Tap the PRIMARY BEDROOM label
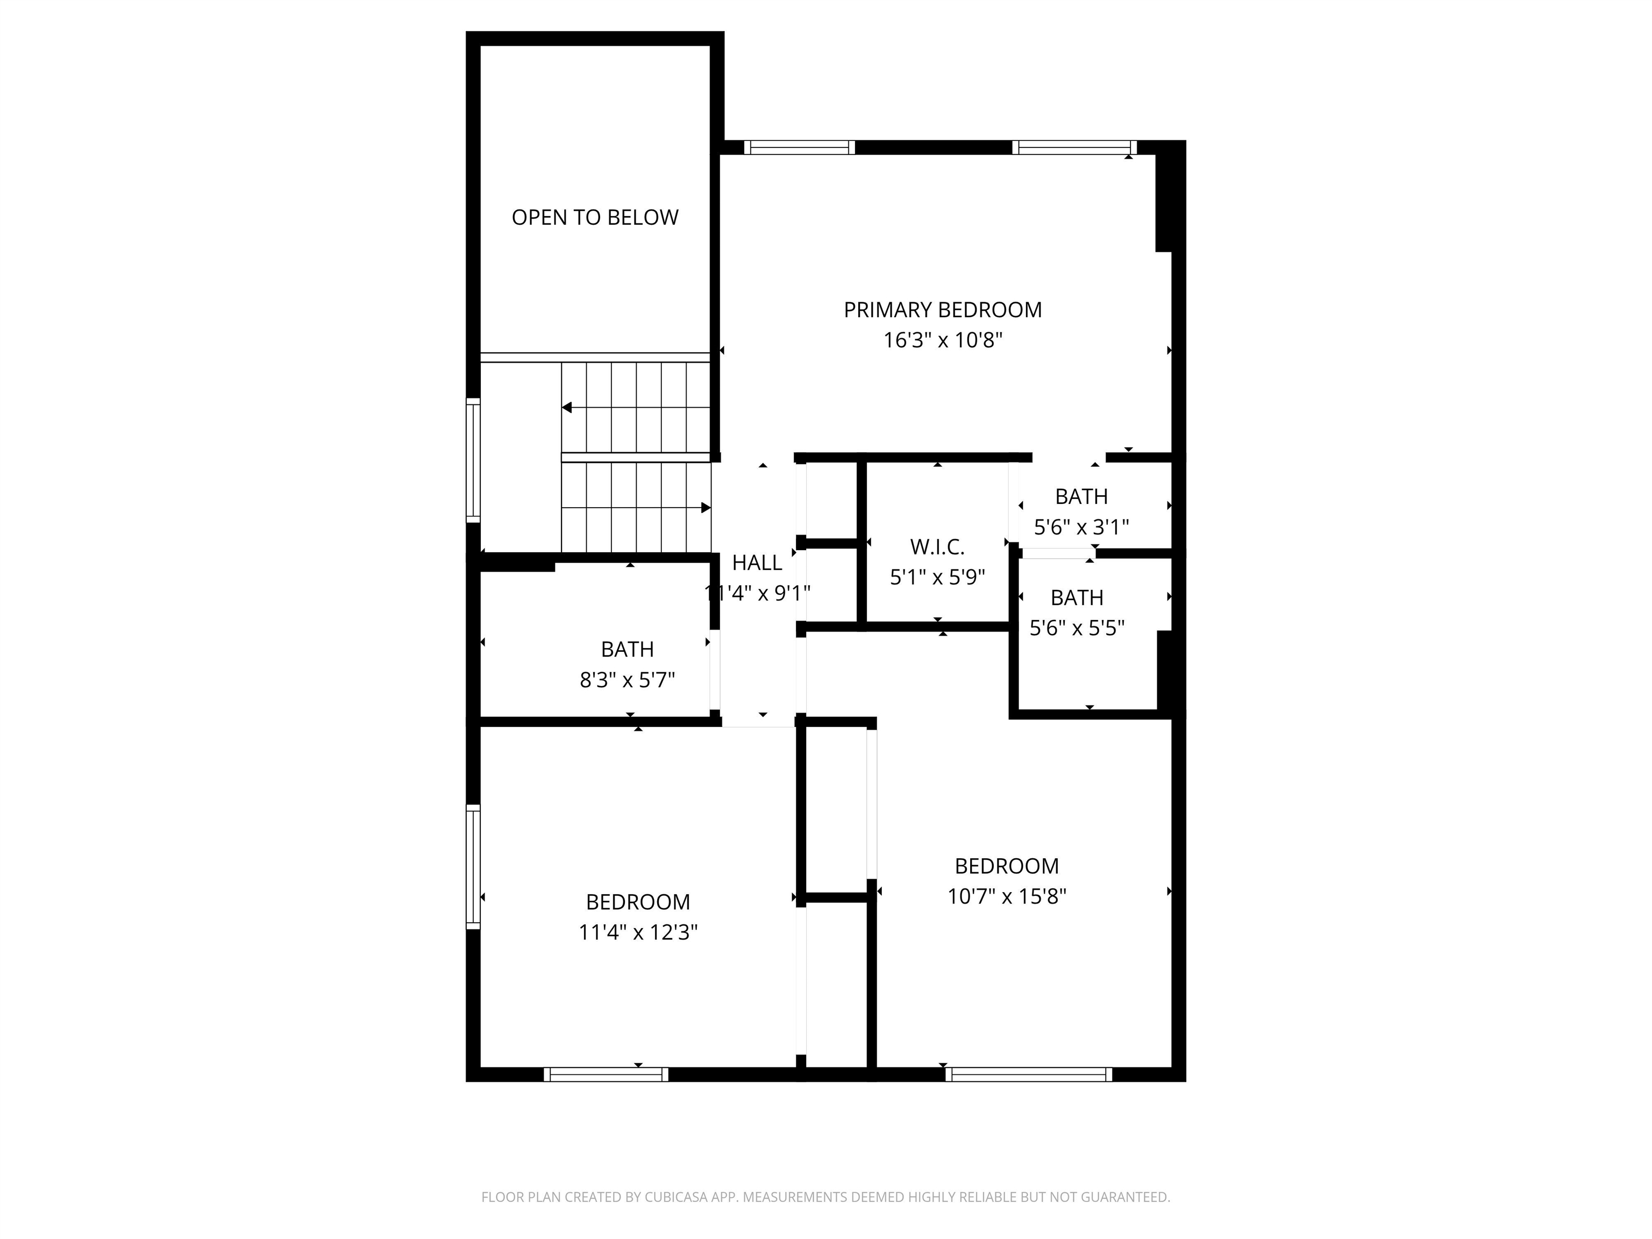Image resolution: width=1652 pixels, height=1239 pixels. pyautogui.click(x=943, y=310)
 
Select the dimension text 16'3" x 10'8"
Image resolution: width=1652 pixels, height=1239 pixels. pyautogui.click(x=943, y=340)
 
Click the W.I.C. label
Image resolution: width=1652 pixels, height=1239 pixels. pyautogui.click(x=937, y=547)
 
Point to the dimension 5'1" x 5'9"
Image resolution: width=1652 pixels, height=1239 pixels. pyautogui.click(x=937, y=578)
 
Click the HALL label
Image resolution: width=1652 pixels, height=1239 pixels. pyautogui.click(x=757, y=562)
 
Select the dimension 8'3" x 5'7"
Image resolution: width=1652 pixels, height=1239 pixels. pyautogui.click(x=628, y=680)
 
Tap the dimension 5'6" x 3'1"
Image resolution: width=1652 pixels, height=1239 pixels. pyautogui.click(x=1081, y=527)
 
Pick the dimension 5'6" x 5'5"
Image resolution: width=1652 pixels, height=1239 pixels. pyautogui.click(x=1077, y=628)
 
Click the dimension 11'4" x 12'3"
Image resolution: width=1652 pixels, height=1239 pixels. pyautogui.click(x=638, y=933)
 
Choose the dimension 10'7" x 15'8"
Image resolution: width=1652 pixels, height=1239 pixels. pyautogui.click(x=1007, y=896)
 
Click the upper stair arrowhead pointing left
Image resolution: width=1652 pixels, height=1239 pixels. pyautogui.click(x=567, y=408)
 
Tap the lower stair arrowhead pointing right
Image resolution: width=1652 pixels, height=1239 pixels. pyautogui.click(x=705, y=508)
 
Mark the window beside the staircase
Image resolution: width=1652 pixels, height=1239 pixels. pyautogui.click(x=473, y=459)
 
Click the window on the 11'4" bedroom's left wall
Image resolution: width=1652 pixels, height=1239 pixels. pyautogui.click(x=473, y=867)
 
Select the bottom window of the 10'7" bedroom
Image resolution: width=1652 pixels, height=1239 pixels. pyautogui.click(x=1028, y=1074)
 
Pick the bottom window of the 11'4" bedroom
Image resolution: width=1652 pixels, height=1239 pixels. pyautogui.click(x=606, y=1074)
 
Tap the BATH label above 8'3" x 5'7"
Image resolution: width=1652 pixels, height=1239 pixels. pyautogui.click(x=628, y=649)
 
